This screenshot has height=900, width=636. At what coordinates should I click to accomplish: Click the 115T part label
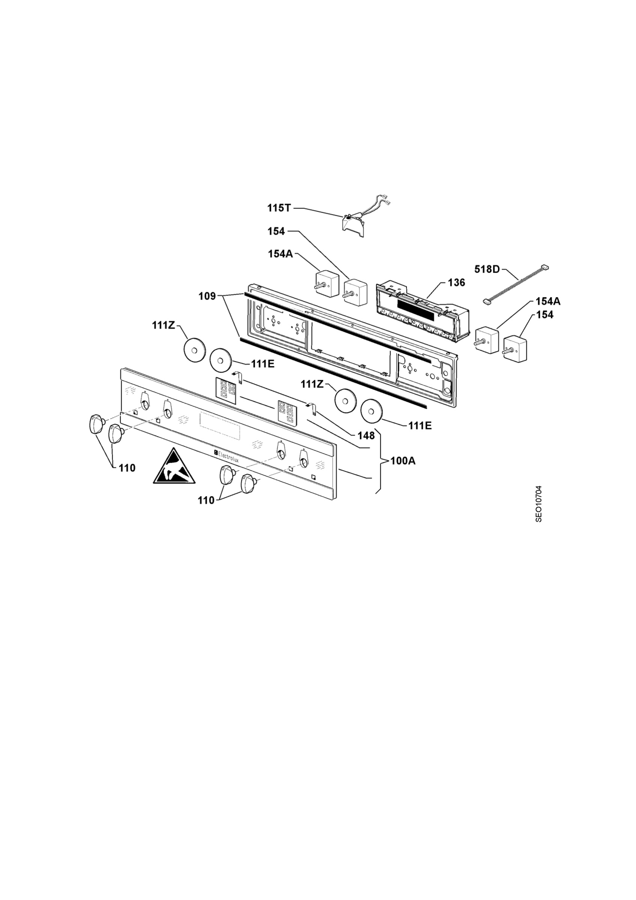[279, 208]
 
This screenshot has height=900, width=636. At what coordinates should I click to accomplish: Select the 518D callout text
[487, 269]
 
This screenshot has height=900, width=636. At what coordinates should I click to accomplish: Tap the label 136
[456, 282]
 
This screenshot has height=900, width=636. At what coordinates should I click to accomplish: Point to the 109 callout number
[207, 296]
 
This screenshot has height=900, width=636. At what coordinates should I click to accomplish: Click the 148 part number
[366, 435]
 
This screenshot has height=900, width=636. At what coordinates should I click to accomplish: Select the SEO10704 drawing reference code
[539, 504]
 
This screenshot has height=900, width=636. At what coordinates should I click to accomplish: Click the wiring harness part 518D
[515, 284]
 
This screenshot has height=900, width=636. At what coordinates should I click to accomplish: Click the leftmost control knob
[96, 424]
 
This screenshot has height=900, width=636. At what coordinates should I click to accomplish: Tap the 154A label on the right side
[548, 301]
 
